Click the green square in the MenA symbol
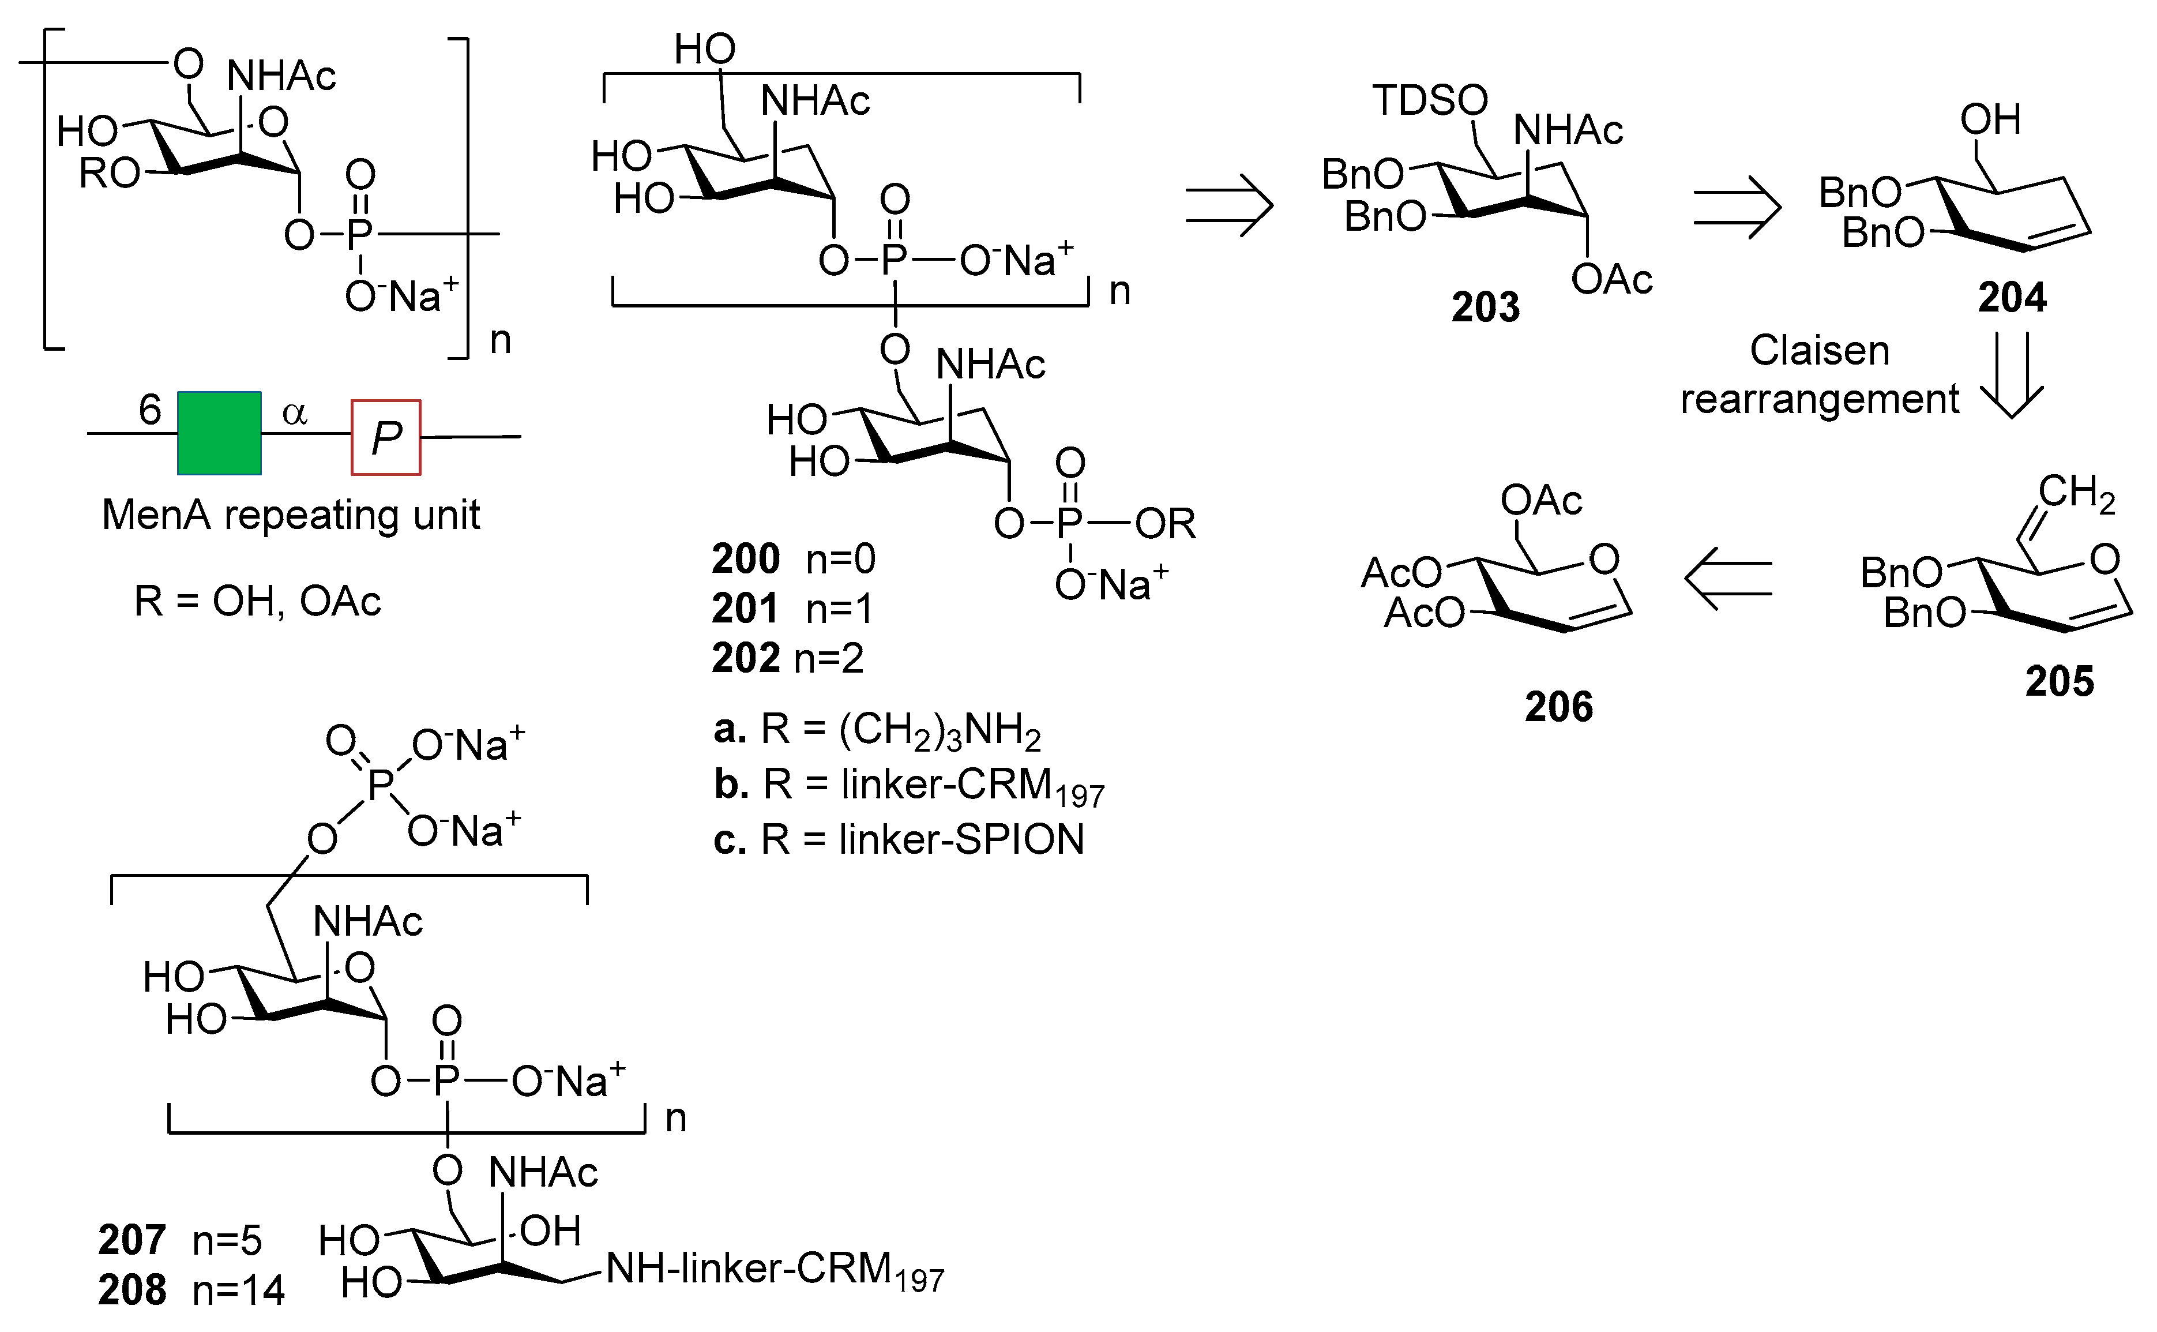(x=219, y=433)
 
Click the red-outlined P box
(x=386, y=438)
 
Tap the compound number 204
(x=2012, y=298)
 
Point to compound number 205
(x=2059, y=681)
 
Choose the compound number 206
(x=1558, y=707)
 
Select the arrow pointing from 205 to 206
(x=1728, y=579)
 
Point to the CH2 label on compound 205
(x=2076, y=493)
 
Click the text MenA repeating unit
(x=291, y=515)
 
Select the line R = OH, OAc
(x=257, y=602)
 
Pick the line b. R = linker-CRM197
(x=908, y=785)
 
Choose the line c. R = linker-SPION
(x=899, y=839)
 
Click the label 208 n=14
(x=191, y=1290)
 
